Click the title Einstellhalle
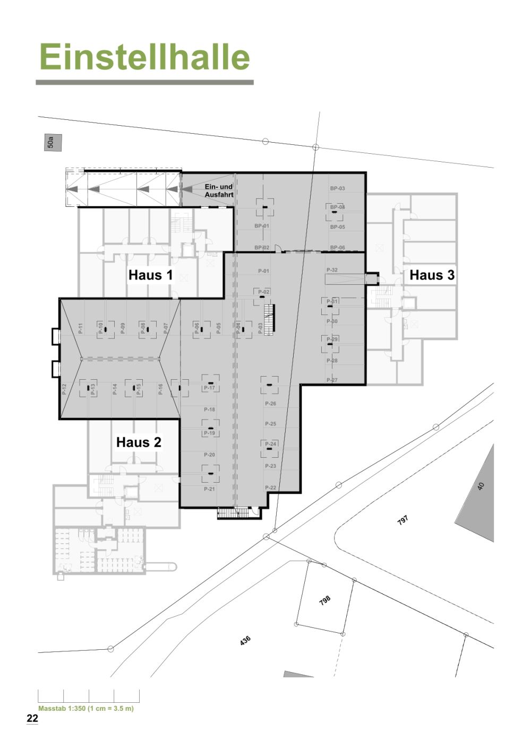coord(144,57)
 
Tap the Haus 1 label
coord(150,275)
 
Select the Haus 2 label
coord(139,442)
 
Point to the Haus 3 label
coord(432,275)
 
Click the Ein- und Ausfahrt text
coord(219,191)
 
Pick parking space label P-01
coord(263,271)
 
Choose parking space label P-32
coord(332,270)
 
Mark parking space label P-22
coord(270,487)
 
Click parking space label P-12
coord(64,389)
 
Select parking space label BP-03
coord(337,188)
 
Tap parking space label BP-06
coord(337,248)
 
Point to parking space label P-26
coord(270,404)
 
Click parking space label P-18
coord(209,409)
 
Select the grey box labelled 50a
coord(53,143)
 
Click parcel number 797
coord(403,520)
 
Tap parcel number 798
coord(324,600)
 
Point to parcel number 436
coord(245,640)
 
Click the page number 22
coord(32,719)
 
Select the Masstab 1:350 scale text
coord(86,709)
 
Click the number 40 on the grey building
coord(481,486)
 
